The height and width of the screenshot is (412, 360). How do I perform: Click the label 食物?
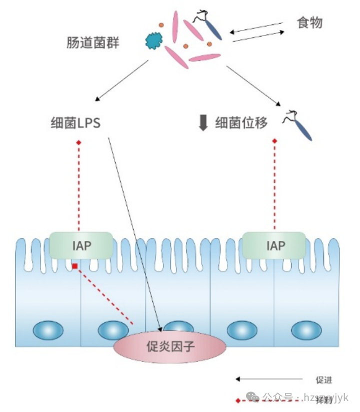point(309,23)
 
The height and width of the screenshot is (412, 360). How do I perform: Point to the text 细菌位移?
point(241,123)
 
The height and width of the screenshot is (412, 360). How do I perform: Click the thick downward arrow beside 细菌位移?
point(203,123)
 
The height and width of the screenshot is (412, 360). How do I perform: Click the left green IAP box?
point(81,245)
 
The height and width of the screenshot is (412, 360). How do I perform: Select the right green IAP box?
point(274,245)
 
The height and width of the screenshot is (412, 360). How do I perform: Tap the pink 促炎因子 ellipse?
point(169,346)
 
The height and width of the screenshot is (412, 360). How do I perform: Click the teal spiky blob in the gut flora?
point(153,40)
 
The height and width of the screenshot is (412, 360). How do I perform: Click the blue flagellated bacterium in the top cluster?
point(210,26)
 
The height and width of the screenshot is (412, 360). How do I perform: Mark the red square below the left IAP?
point(74,266)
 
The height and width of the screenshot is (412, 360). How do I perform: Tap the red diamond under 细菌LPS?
point(78,143)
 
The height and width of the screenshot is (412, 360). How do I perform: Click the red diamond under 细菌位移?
point(274,141)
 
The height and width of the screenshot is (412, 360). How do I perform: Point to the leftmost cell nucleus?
point(48,330)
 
